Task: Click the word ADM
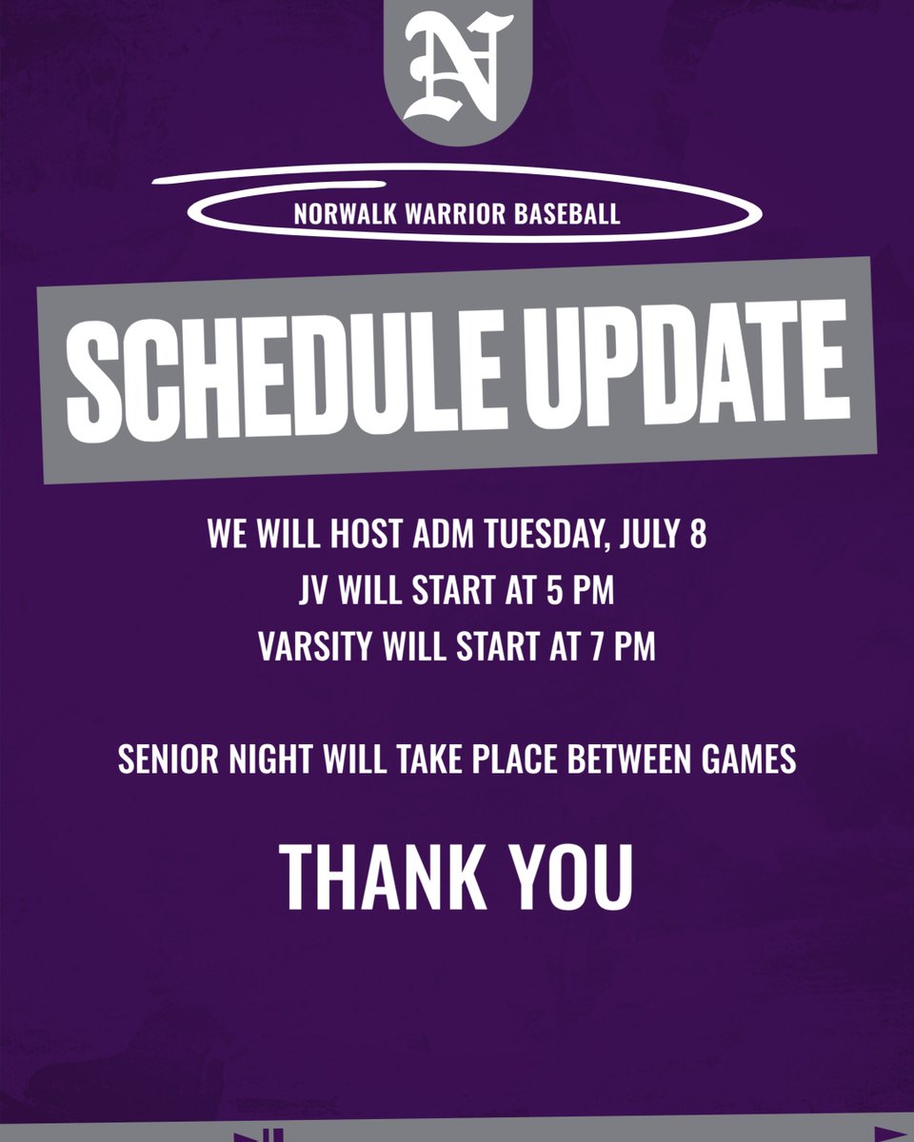tap(444, 535)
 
